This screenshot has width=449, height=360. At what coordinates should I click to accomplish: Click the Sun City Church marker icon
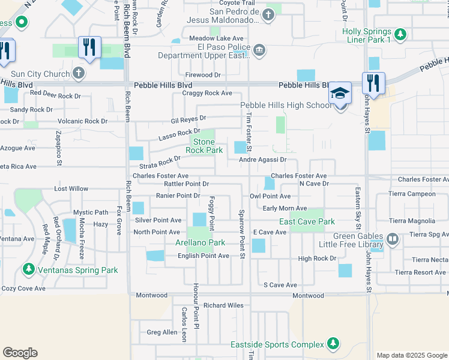click(78, 73)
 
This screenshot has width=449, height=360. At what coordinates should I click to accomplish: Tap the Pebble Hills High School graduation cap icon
click(340, 95)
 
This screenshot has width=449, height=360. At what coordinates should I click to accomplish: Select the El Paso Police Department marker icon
click(259, 50)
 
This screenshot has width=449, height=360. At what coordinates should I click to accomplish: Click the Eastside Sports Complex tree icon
click(332, 344)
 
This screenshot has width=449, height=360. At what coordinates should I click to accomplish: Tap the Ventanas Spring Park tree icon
click(27, 269)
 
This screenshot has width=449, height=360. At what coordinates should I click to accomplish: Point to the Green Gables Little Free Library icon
click(393, 239)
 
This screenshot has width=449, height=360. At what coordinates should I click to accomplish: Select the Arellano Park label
click(200, 242)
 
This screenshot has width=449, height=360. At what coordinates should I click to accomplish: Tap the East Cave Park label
click(307, 221)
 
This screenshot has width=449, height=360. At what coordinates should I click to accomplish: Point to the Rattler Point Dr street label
click(186, 184)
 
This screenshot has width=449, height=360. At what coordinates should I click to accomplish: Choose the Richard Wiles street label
click(223, 305)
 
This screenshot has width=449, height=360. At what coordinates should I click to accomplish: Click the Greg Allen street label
click(162, 332)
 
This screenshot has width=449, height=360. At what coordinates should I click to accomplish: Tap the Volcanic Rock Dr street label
click(79, 121)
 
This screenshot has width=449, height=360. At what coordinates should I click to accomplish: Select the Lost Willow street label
click(71, 188)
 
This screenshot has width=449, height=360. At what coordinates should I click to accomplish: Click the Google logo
click(20, 353)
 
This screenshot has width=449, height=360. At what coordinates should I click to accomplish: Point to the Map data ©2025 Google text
click(411, 355)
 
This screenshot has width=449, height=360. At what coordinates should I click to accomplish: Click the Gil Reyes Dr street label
click(188, 119)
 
